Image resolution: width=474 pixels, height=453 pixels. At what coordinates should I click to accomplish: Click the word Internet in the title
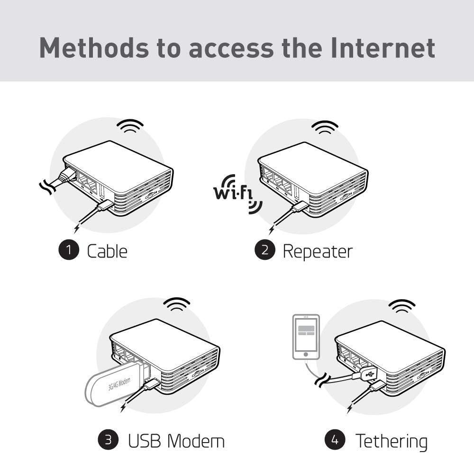point(383,48)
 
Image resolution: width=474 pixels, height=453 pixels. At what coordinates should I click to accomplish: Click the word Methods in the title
point(94,48)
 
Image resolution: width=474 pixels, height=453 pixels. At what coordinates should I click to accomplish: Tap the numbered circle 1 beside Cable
point(69,250)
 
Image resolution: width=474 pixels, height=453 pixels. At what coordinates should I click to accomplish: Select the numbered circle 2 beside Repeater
point(265,250)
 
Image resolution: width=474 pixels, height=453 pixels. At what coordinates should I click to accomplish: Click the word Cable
point(107,251)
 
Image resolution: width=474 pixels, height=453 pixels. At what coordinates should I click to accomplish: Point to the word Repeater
point(318,252)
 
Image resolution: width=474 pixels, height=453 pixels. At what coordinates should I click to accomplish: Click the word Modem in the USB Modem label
point(196,441)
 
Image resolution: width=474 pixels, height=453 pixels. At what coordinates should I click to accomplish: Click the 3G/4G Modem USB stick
point(117,383)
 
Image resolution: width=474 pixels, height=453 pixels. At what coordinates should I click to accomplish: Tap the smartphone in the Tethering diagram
point(306,337)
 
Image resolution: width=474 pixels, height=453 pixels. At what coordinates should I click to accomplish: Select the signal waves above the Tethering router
point(402,306)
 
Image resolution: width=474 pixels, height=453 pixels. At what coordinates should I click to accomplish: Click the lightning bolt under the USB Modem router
point(124,407)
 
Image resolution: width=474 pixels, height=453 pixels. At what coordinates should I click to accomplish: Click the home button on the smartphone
point(306,355)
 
